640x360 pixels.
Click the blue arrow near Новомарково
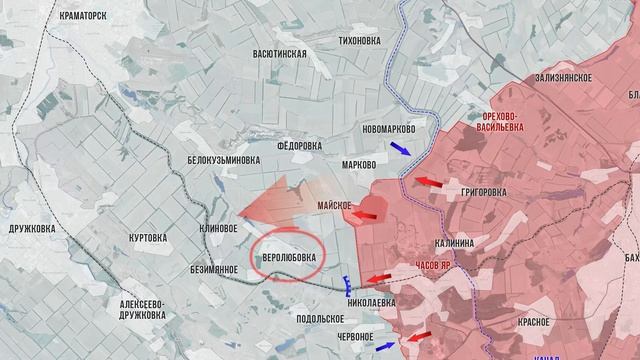(399, 148)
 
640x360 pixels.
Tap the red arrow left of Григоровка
(429, 182)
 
